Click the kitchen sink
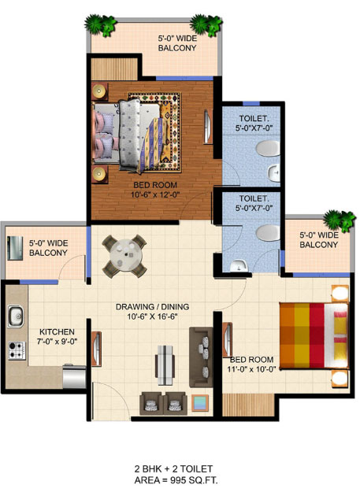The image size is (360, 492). [16, 316]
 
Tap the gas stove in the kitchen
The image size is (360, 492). [17, 350]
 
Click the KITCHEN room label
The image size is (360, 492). [58, 331]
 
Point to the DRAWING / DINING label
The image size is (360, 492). [153, 306]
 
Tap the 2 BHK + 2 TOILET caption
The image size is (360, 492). [173, 469]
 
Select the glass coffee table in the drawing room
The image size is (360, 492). [165, 365]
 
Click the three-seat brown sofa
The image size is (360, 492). [201, 357]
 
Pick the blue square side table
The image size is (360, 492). [200, 402]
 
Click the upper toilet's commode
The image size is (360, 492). [268, 149]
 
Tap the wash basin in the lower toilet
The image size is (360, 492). [239, 266]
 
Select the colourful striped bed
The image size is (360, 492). [314, 335]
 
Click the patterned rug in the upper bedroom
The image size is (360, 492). [154, 132]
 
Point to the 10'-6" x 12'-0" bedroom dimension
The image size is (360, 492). [155, 194]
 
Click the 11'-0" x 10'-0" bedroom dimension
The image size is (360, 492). [251, 369]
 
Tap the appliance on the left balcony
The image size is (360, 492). [15, 248]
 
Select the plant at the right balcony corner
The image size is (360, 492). [340, 220]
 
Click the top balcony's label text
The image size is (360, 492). [177, 43]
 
